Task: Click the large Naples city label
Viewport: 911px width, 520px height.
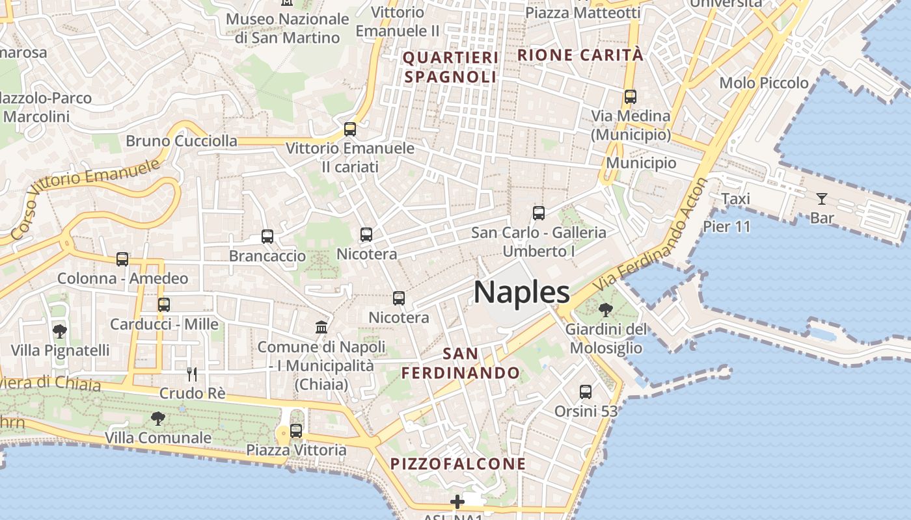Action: (522, 292)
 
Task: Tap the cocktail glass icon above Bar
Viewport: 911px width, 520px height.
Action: (822, 198)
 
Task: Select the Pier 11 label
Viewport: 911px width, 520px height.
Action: (727, 227)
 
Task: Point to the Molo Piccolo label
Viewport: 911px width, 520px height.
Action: (764, 83)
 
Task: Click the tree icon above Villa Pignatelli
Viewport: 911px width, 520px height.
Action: (59, 331)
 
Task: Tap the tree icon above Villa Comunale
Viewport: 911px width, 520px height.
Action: (157, 418)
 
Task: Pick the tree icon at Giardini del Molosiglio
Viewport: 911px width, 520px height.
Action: (606, 309)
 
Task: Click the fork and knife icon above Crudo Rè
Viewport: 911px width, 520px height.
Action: (192, 374)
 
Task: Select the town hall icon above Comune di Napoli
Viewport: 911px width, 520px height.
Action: (321, 327)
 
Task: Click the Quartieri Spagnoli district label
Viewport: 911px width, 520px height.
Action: (450, 67)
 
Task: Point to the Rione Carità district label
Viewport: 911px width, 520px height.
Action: (580, 55)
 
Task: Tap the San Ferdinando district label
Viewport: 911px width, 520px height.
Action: (461, 363)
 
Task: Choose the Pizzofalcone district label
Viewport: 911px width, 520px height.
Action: (458, 464)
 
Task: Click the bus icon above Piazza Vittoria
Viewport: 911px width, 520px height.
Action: (296, 430)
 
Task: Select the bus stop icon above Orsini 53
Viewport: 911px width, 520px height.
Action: (586, 391)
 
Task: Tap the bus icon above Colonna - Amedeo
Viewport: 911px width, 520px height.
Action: (122, 259)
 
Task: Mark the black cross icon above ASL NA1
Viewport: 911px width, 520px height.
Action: (457, 502)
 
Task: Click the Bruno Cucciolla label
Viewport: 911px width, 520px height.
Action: (182, 141)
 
